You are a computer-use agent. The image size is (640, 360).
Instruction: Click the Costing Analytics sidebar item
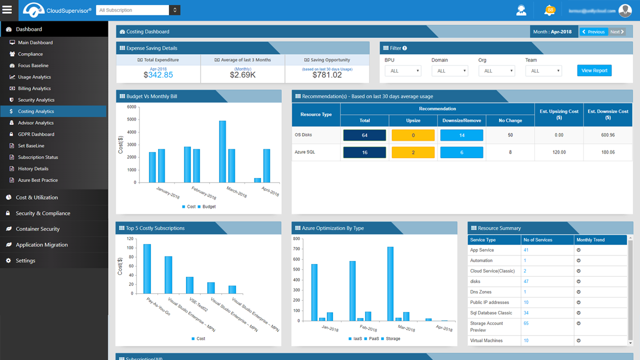pyautogui.click(x=36, y=111)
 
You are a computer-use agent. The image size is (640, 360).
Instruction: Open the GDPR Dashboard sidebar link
pyautogui.click(x=36, y=134)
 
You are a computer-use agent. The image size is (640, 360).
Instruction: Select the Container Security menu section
pyautogui.click(x=37, y=229)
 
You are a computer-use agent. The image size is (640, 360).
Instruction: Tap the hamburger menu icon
pyautogui.click(x=7, y=9)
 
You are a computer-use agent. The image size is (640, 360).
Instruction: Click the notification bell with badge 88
pyautogui.click(x=549, y=10)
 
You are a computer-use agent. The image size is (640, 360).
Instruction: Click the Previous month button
pyautogui.click(x=593, y=32)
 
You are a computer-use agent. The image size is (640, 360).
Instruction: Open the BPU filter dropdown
pyautogui.click(x=403, y=71)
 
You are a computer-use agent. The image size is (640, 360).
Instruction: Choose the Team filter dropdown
pyautogui.click(x=543, y=71)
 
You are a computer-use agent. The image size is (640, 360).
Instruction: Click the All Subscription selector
pyautogui.click(x=138, y=10)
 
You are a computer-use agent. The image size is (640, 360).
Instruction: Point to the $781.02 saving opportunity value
pyautogui.click(x=327, y=75)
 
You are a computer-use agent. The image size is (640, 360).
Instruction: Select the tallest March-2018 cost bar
pyautogui.click(x=222, y=151)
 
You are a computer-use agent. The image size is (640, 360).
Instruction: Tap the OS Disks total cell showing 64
pyautogui.click(x=364, y=135)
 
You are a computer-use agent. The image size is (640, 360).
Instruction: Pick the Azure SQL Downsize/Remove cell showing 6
pyautogui.click(x=461, y=152)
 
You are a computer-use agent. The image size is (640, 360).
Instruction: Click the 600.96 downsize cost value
pyautogui.click(x=607, y=135)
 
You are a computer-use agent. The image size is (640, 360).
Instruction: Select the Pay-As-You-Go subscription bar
pyautogui.click(x=147, y=268)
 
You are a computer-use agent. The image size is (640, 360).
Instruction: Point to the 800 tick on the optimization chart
pyautogui.click(x=296, y=238)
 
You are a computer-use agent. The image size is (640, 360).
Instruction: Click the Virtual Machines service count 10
pyautogui.click(x=526, y=340)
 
